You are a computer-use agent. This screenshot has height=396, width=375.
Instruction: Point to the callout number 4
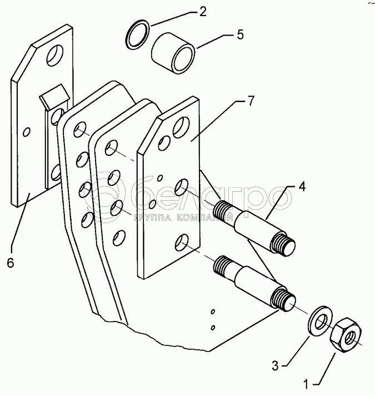pyautogui.click(x=302, y=187)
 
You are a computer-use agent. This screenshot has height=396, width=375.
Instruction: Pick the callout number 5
pyautogui.click(x=240, y=34)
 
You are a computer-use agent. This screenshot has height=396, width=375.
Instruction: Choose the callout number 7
pyautogui.click(x=251, y=101)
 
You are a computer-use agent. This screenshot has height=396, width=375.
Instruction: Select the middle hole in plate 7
pyautogui.click(x=182, y=186)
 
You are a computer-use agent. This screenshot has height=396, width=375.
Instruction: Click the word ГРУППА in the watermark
pyautogui.click(x=153, y=218)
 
